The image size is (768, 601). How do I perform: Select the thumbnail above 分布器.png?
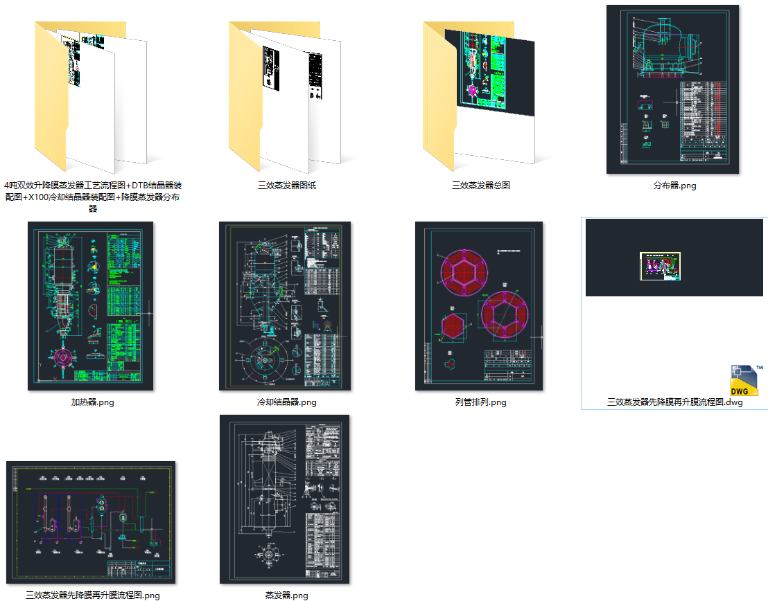click(672, 89)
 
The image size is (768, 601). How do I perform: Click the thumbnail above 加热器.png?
click(90, 306)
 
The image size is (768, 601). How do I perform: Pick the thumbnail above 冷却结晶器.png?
click(285, 306)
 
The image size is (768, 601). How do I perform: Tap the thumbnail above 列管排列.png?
click(479, 306)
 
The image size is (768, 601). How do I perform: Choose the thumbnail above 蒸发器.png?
click(284, 499)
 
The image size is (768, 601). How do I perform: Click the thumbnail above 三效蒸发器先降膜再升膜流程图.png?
click(90, 522)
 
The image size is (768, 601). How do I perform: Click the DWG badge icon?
click(746, 381)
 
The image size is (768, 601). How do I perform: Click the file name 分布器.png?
click(674, 186)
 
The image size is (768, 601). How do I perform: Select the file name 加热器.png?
click(92, 402)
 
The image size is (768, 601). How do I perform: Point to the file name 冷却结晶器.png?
click(286, 402)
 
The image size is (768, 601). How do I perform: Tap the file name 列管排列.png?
click(480, 402)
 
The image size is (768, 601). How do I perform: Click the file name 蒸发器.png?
click(286, 595)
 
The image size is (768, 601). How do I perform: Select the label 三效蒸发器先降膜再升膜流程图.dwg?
click(674, 402)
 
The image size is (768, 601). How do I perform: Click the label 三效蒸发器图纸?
click(286, 186)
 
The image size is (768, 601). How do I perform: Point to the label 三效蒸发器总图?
click(480, 186)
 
